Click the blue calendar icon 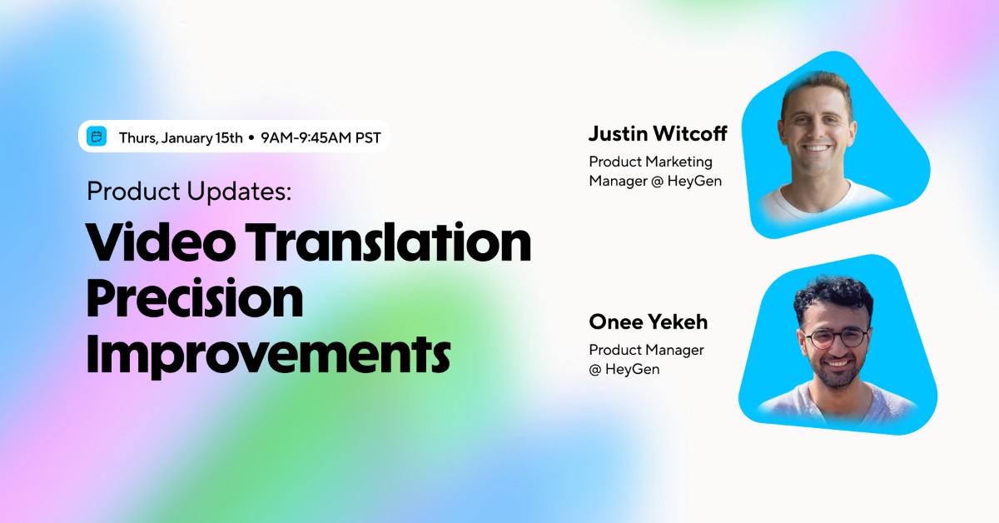97,137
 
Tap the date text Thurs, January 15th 180,137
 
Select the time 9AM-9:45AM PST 321,137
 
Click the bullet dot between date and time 251,137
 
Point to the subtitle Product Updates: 189,192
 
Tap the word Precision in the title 195,299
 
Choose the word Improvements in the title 268,354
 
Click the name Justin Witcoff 658,133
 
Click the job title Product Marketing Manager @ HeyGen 655,171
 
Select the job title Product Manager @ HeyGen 646,359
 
